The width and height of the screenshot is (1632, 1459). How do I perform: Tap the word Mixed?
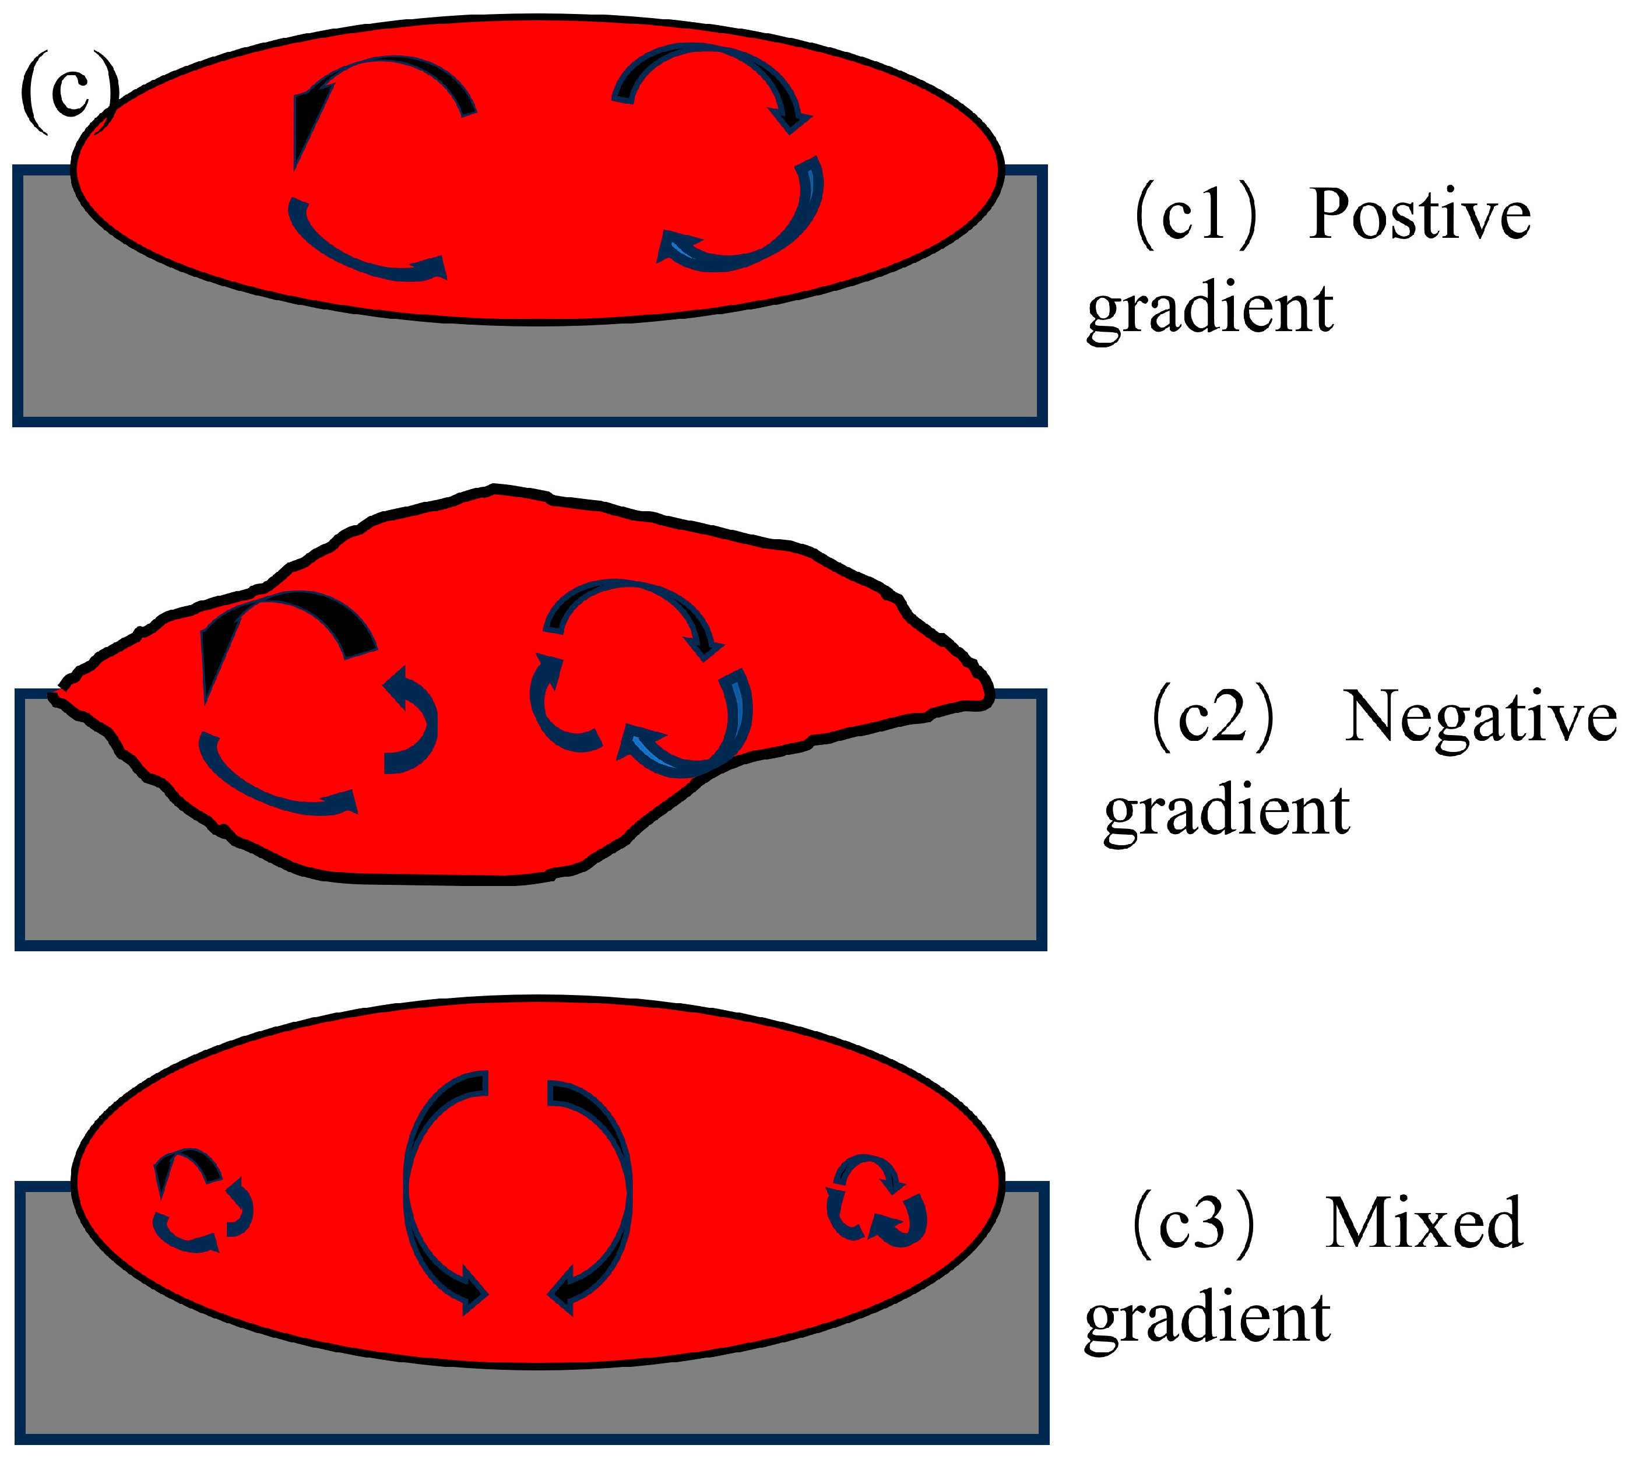pyautogui.click(x=1423, y=1224)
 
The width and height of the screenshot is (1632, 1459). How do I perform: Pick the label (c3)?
pyautogui.click(x=1193, y=1224)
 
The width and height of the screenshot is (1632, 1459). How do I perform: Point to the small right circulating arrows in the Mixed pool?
pyautogui.click(x=876, y=1201)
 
